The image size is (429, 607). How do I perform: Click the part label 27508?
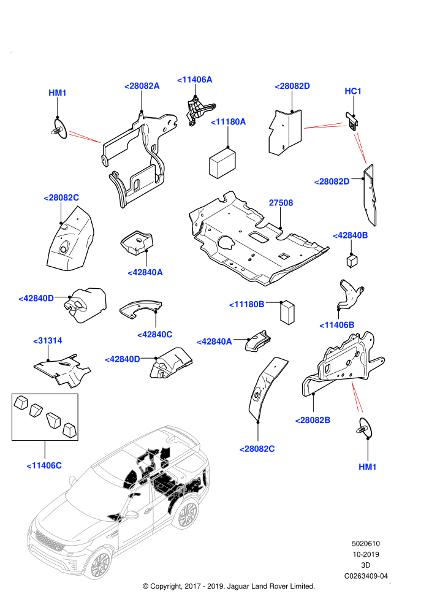[281, 203]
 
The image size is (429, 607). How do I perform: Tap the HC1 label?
[353, 91]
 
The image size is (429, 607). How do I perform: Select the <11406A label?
[194, 80]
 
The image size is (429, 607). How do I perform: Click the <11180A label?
[228, 122]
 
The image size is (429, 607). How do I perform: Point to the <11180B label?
[247, 305]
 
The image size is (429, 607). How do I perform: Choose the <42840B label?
[351, 236]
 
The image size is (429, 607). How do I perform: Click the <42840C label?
[154, 335]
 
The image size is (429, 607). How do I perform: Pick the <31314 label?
[48, 341]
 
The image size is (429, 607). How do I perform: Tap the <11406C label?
[44, 466]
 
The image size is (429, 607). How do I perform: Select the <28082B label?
[313, 421]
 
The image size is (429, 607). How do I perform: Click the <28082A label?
[142, 86]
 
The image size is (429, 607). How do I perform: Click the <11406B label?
[337, 325]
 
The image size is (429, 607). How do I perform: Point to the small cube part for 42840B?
[352, 260]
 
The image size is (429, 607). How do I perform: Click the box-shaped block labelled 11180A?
[222, 163]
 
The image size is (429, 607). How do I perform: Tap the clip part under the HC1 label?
[352, 121]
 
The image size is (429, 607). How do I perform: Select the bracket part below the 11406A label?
[198, 111]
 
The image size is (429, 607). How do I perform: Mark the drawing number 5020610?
[365, 544]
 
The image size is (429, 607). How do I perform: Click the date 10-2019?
[365, 555]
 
